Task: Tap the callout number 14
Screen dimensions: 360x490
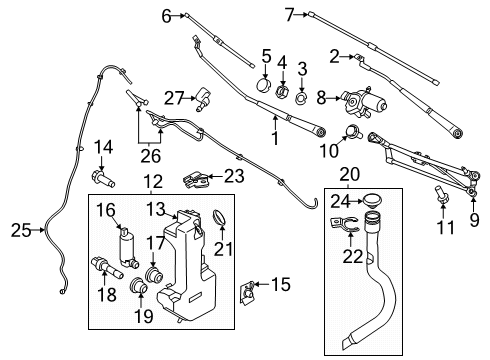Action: point(102,149)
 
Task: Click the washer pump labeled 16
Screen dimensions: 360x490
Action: point(128,241)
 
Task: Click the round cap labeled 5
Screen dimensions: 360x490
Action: point(264,85)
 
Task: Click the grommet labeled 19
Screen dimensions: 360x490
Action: point(141,291)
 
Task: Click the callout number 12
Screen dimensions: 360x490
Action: point(152,183)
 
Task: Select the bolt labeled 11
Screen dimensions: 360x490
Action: point(440,194)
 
